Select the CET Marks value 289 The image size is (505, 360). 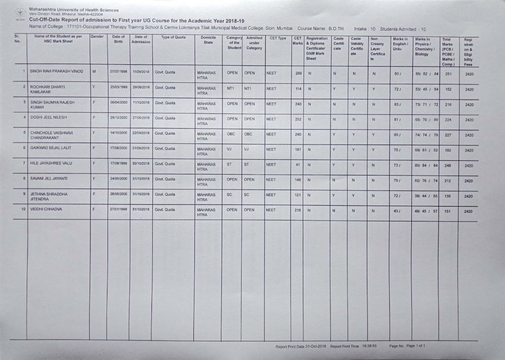(298, 73)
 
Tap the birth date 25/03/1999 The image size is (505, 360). (119, 87)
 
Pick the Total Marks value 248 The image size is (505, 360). (448, 166)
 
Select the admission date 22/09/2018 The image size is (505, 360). (141, 133)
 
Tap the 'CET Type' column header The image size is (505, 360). (278, 38)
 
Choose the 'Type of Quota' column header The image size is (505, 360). (173, 37)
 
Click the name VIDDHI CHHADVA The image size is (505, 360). (46, 210)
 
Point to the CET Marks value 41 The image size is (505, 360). (298, 164)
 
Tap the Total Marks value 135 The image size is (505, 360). (448, 196)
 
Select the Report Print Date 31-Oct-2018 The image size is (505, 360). (316, 347)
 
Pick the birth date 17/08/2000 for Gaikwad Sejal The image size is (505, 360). (119, 147)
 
